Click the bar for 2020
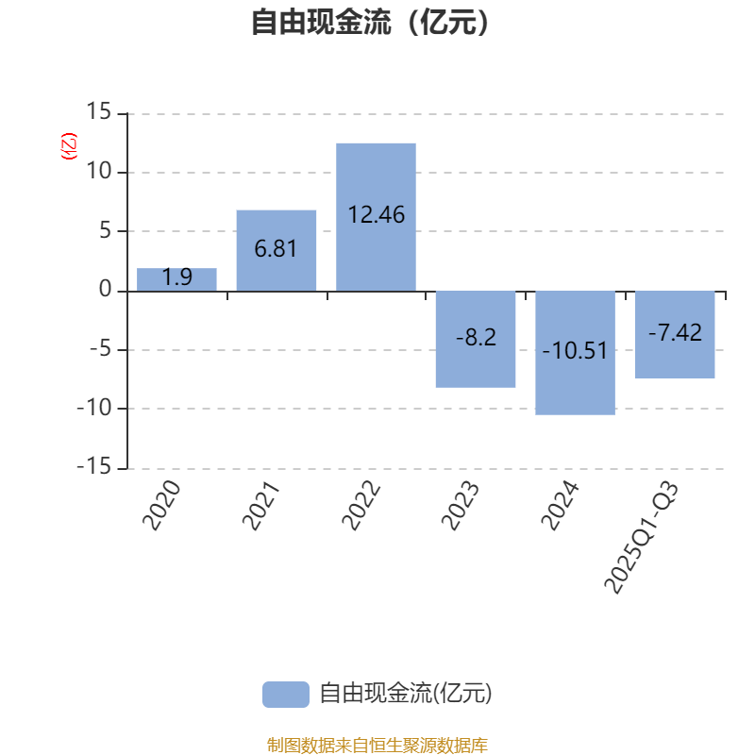pos(176,279)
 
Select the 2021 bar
pos(276,250)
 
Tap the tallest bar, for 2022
pos(376,217)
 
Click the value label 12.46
pos(376,215)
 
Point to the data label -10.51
pos(575,351)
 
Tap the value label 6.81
pos(276,249)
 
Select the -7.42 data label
pos(675,332)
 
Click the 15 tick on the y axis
pos(98,113)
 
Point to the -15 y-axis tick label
pos(94,468)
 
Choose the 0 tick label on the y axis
pos(105,291)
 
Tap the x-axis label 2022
pos(361,506)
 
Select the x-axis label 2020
pos(161,506)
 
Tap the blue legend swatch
pos(285,695)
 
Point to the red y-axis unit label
pos(68,146)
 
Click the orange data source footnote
pos(377,746)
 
